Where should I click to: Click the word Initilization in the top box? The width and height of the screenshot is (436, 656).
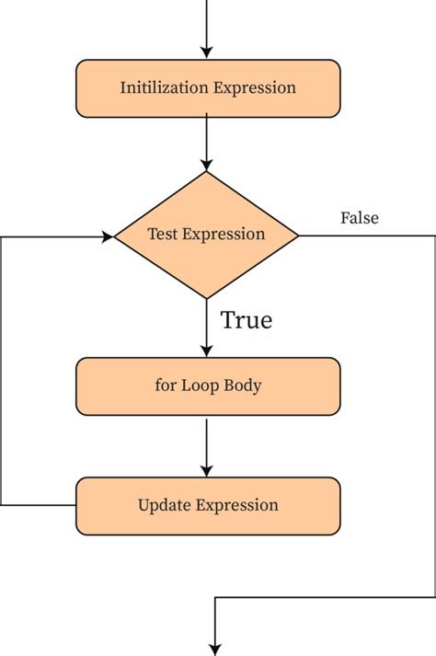click(164, 87)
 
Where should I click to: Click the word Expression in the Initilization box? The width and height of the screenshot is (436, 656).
click(255, 88)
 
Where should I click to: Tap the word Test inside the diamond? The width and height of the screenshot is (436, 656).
click(163, 234)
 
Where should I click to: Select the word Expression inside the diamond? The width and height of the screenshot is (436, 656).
click(224, 235)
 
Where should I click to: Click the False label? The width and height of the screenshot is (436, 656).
click(360, 218)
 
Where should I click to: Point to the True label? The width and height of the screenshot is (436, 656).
click(247, 320)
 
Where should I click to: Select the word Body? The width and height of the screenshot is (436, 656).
click(243, 386)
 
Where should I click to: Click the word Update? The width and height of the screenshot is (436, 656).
click(165, 505)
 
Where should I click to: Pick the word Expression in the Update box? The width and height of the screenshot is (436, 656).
click(237, 505)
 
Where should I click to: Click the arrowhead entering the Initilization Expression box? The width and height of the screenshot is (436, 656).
click(206, 52)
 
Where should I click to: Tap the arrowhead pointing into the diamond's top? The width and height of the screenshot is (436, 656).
click(206, 166)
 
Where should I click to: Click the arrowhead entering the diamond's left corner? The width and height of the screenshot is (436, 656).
click(108, 236)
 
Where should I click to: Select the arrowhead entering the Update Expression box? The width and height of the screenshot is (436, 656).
click(206, 471)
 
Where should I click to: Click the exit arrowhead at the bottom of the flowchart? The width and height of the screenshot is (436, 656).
click(215, 650)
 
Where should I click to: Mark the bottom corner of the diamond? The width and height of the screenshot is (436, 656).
click(206, 299)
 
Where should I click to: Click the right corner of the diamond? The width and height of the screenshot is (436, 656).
click(299, 236)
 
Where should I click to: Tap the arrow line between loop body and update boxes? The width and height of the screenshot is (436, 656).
click(206, 447)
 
